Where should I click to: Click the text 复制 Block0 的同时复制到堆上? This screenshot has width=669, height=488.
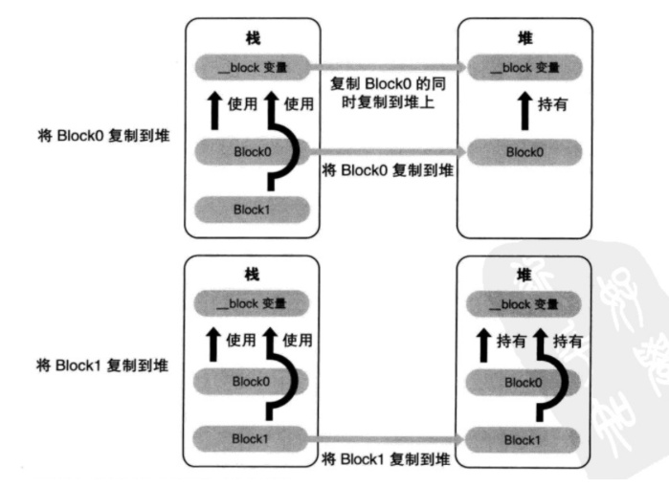388,93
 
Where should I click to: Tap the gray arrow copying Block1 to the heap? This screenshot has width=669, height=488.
388,438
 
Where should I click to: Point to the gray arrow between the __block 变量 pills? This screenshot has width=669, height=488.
388,67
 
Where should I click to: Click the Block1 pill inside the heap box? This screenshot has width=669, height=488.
524,438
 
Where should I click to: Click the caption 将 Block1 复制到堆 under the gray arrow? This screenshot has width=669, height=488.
388,458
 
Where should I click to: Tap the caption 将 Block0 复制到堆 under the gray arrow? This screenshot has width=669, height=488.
388,171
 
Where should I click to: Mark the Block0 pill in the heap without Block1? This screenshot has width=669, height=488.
524,151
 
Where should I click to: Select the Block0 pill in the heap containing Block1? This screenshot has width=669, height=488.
524,382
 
